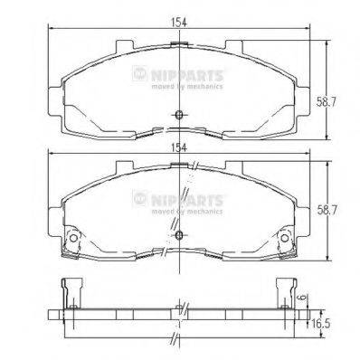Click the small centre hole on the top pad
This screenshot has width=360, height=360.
pyautogui.click(x=180, y=114)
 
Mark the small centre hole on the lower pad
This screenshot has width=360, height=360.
pyautogui.click(x=180, y=236)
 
